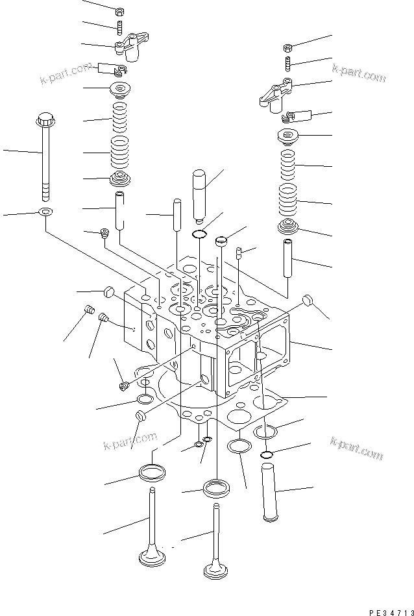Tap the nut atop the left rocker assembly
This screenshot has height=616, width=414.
click(x=119, y=12)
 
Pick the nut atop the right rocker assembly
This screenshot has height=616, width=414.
click(x=289, y=47)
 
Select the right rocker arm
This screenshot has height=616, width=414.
click(x=275, y=93)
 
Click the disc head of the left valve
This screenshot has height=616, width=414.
click(x=153, y=559)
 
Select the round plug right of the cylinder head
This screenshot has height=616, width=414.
click(x=309, y=301)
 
